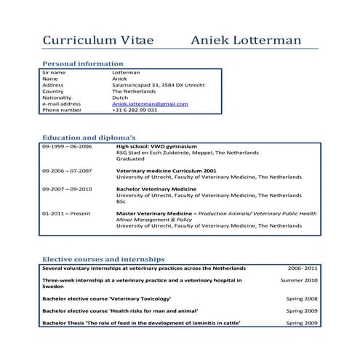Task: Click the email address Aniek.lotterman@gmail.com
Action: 150,103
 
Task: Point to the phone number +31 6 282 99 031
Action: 135,110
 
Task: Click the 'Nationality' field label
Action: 57,97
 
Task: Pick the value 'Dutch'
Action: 120,97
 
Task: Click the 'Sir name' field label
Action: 54,73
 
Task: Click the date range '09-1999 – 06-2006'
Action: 68,146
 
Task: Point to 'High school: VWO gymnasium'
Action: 156,146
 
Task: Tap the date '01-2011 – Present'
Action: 66,213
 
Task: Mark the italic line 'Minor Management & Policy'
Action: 154,220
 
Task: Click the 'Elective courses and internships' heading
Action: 103,259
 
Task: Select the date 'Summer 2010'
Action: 300,280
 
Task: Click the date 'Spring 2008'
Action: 302,299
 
